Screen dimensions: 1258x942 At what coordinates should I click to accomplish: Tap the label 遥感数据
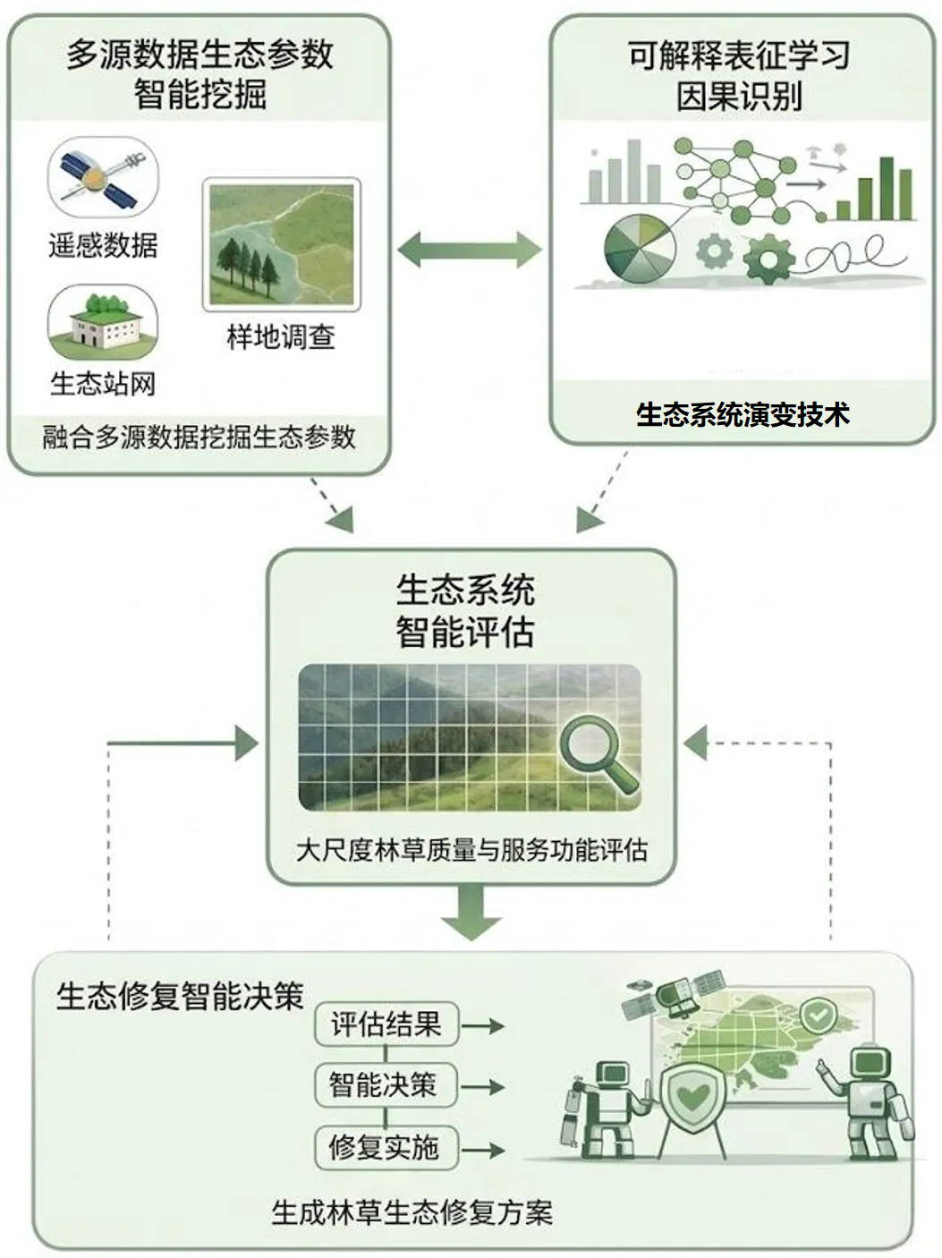coord(103,244)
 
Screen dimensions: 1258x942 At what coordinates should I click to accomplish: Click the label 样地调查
coord(281,337)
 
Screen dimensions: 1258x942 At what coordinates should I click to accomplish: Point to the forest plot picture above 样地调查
coord(281,243)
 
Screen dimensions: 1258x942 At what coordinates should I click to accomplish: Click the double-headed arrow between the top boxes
coord(470,250)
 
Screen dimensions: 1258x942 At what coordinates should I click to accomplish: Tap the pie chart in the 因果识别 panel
coord(640,248)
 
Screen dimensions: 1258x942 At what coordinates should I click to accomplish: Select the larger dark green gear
coord(768,258)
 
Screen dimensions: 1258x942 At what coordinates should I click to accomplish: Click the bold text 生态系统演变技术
coord(742,414)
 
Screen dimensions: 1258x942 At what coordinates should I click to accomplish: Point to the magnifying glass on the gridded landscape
coord(594,752)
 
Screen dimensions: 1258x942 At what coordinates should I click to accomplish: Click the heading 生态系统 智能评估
coord(465,611)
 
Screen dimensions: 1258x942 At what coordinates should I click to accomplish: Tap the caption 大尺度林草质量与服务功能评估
coord(471,850)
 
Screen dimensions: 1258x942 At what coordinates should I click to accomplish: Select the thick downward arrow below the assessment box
coord(471,912)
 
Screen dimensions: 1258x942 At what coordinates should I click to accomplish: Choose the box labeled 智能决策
coord(385,1085)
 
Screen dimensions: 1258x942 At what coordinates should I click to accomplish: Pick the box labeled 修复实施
coord(385,1147)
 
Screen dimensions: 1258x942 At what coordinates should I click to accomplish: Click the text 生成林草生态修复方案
coord(412,1212)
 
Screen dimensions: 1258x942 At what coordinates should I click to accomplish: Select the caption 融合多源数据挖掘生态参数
coord(199,438)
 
